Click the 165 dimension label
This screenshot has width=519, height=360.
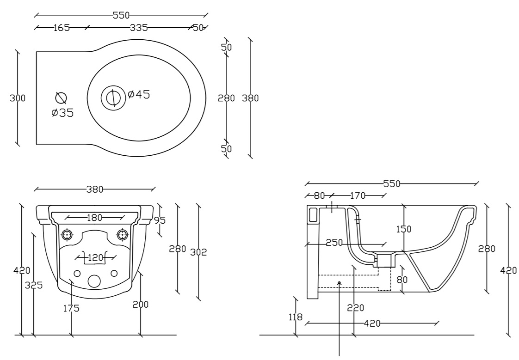coord(62,28)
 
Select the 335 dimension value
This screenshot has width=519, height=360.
coord(139,28)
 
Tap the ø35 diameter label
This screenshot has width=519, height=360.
coord(62,113)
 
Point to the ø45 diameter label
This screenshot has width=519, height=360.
coord(139,95)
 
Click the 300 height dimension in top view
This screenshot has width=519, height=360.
coord(17,98)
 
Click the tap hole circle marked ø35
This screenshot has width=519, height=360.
coord(61,98)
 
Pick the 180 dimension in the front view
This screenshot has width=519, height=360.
coord(95,218)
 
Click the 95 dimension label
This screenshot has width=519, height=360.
coord(160,220)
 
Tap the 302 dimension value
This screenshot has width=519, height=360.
coord(198,252)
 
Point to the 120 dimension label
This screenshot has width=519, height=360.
coord(96,257)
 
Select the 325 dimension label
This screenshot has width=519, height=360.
coord(34,285)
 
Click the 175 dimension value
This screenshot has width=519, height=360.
coord(72,308)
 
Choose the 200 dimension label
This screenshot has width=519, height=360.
coord(141,304)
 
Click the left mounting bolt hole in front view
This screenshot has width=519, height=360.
coord(67,235)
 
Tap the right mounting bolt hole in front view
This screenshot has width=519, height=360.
coord(123,235)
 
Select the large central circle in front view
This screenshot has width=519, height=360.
coord(94,281)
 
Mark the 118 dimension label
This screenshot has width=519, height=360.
coord(295,317)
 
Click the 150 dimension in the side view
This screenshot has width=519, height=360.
coord(403,229)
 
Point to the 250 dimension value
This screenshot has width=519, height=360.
coord(334,243)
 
